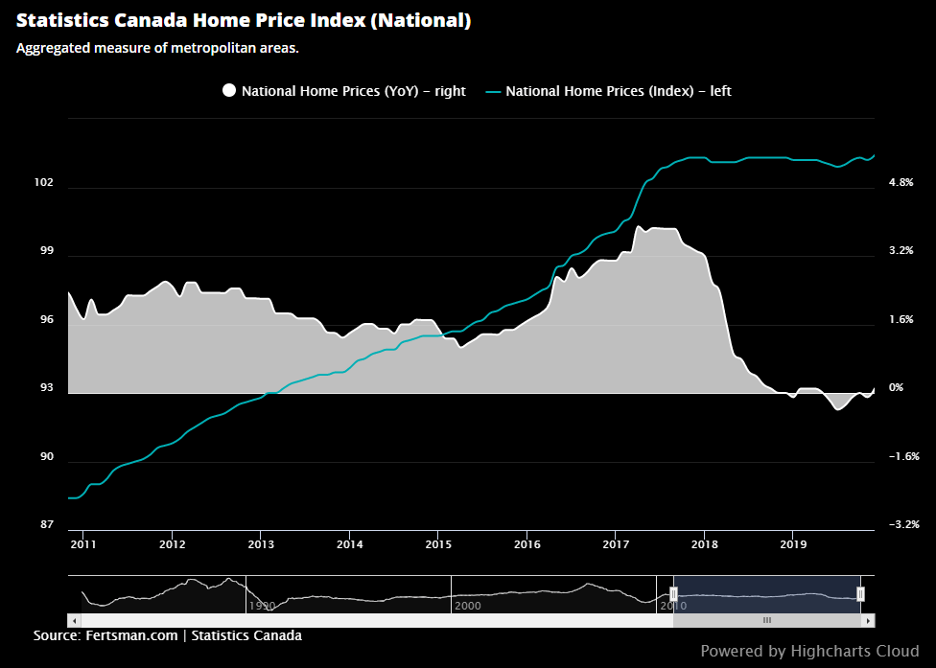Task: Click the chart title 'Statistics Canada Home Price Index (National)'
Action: pyautogui.click(x=244, y=20)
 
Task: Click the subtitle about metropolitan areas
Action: pyautogui.click(x=158, y=48)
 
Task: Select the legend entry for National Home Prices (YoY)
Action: pyautogui.click(x=344, y=91)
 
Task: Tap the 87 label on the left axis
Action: pyautogui.click(x=46, y=525)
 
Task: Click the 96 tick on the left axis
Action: pyautogui.click(x=46, y=320)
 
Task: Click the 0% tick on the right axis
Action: pyautogui.click(x=897, y=388)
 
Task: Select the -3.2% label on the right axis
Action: pyautogui.click(x=904, y=525)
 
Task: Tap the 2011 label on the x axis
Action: pyautogui.click(x=82, y=544)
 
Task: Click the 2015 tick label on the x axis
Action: pyautogui.click(x=437, y=544)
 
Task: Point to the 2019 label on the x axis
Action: pyautogui.click(x=792, y=544)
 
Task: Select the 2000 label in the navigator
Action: pyautogui.click(x=467, y=606)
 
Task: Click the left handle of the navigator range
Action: pyautogui.click(x=673, y=594)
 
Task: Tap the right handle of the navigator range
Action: pyautogui.click(x=860, y=594)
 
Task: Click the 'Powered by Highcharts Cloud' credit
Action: pyautogui.click(x=809, y=652)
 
